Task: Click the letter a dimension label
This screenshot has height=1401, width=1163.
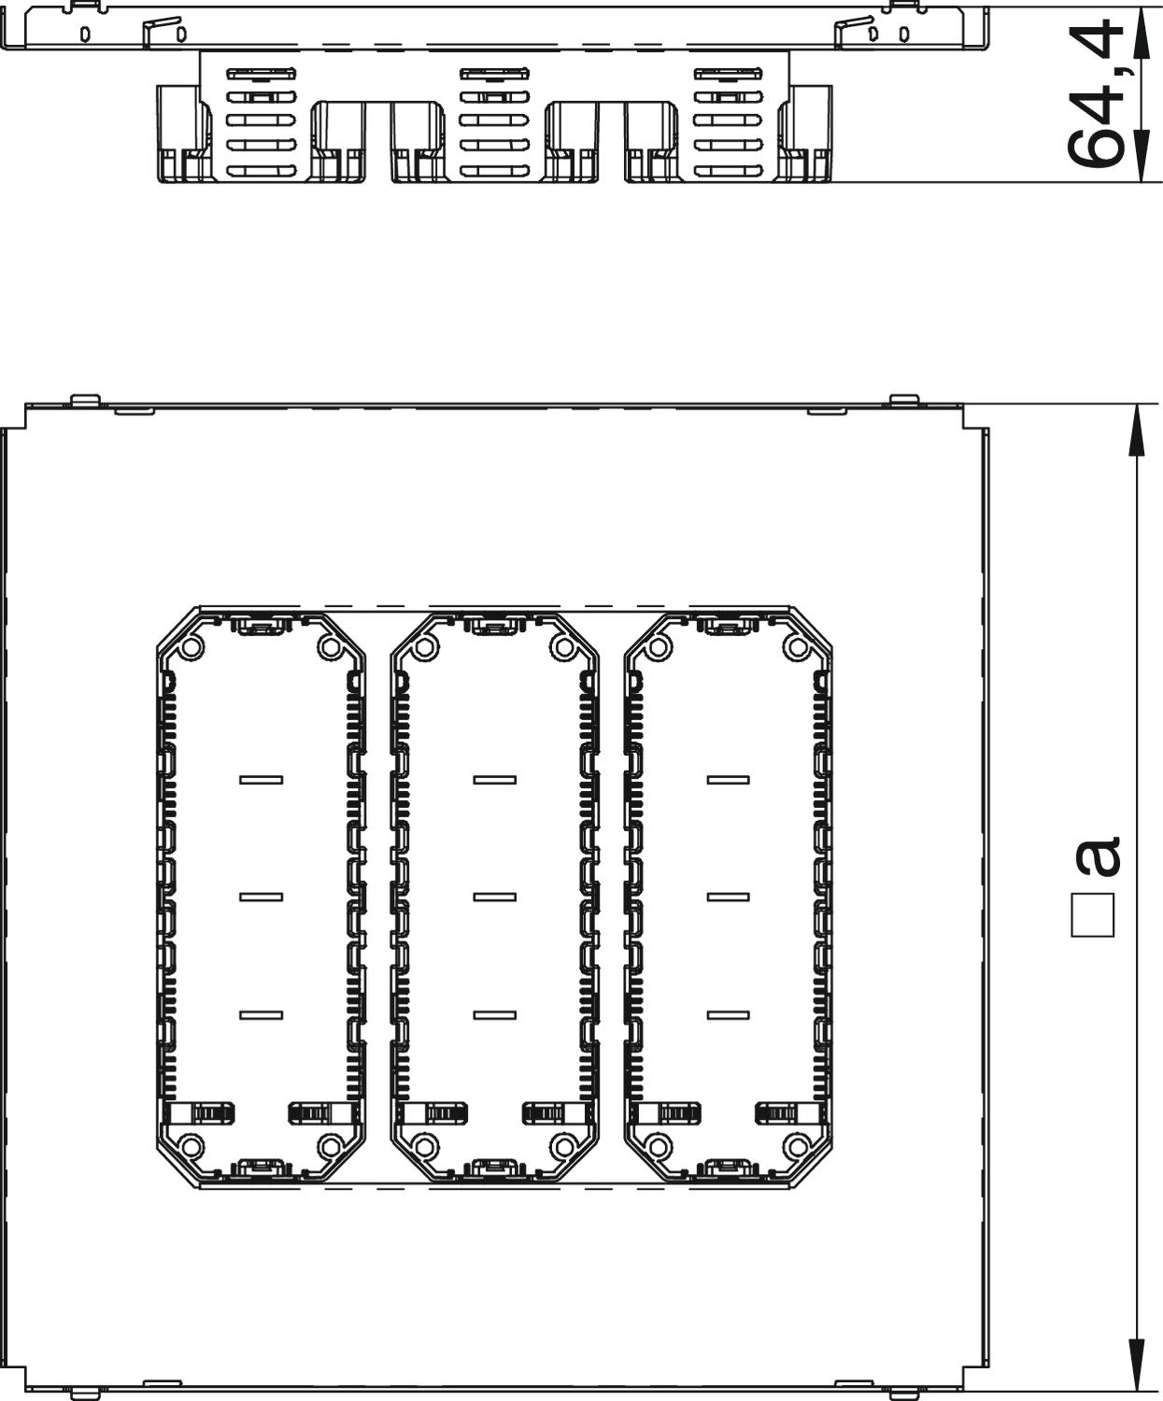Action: pyautogui.click(x=1098, y=856)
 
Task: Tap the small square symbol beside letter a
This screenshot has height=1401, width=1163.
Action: pyautogui.click(x=1093, y=914)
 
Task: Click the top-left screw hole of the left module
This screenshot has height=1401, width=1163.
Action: pyautogui.click(x=191, y=647)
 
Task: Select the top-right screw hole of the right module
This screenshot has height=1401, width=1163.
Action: pyautogui.click(x=797, y=647)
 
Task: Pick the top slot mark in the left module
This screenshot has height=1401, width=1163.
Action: pyautogui.click(x=261, y=780)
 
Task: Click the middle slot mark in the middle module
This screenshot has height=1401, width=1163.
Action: pyautogui.click(x=494, y=897)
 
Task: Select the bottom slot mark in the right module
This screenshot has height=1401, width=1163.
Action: pyautogui.click(x=728, y=1015)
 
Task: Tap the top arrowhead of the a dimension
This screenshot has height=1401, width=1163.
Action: pyautogui.click(x=1136, y=433)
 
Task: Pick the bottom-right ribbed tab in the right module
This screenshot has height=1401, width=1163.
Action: pyautogui.click(x=787, y=1114)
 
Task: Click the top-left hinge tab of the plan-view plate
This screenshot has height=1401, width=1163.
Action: pyautogui.click(x=86, y=400)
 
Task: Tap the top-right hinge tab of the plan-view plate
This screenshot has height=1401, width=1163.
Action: pyautogui.click(x=904, y=400)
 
